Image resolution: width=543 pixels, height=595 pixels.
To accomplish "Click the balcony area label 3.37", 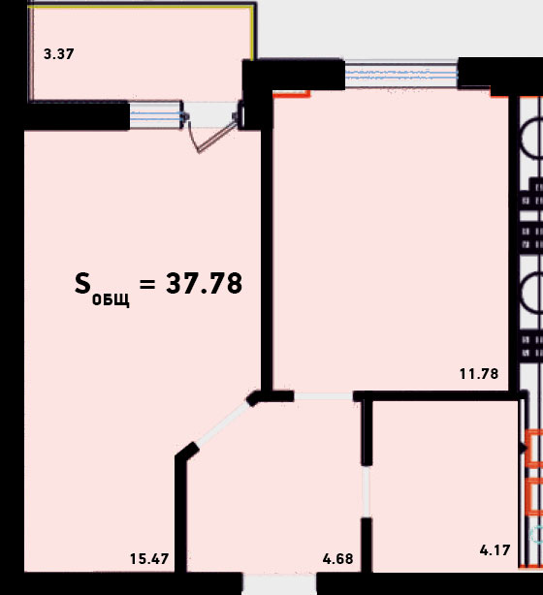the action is (59, 54).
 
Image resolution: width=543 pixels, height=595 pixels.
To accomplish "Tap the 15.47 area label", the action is (149, 559).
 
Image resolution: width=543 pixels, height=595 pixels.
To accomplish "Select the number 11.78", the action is (479, 374).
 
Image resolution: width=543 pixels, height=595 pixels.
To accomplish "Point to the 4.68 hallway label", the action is (337, 559).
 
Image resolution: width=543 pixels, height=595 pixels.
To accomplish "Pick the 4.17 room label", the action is (495, 550).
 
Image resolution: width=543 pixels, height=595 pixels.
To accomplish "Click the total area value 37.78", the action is (204, 284).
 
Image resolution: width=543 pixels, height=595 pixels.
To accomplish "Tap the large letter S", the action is (82, 284).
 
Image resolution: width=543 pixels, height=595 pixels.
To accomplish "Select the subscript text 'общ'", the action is (111, 299).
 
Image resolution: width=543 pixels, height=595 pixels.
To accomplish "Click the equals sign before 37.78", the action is (147, 284).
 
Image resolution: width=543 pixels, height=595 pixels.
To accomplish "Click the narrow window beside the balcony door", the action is (156, 115).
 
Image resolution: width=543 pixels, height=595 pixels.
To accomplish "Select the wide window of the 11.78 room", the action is (401, 75).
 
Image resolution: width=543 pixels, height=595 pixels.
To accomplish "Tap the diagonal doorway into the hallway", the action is (223, 424).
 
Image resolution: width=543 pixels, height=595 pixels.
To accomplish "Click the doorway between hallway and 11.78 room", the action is (324, 396).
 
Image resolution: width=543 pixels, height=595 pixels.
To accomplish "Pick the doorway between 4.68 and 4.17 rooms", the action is (367, 491).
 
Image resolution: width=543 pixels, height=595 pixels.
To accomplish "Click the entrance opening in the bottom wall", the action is (279, 584).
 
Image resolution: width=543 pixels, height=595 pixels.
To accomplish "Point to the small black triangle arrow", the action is (524, 449).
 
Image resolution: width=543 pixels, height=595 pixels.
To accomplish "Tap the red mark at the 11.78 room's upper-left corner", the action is (292, 93).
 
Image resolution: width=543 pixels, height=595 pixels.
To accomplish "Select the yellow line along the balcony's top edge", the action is (141, 7).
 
